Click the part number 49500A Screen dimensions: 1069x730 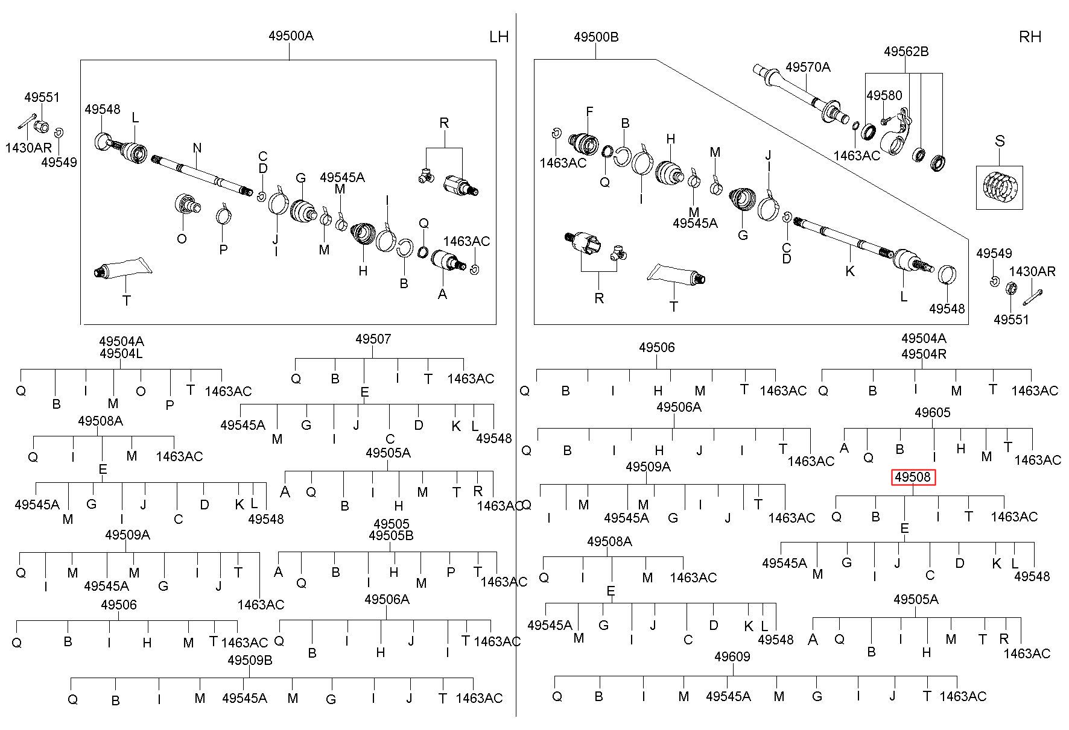tap(291, 36)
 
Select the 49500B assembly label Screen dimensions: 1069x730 tap(596, 37)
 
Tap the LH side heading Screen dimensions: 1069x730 tap(499, 37)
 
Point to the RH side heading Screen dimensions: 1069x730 tap(1030, 37)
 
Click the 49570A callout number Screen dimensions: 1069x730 tap(808, 67)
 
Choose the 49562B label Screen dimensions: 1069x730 tap(906, 52)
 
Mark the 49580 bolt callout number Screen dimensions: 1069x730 tap(884, 95)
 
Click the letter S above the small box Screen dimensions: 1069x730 tap(1000, 141)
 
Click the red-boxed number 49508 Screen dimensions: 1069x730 tap(913, 477)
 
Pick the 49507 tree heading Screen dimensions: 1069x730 tap(373, 339)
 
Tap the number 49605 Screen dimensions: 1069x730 tap(932, 412)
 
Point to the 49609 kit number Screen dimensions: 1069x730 tap(732, 656)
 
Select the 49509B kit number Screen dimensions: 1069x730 tap(250, 660)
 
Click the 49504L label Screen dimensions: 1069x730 tap(121, 354)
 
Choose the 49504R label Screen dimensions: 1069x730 tap(924, 354)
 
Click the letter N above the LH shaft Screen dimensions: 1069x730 tap(197, 148)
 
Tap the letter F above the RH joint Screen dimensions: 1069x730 tap(589, 112)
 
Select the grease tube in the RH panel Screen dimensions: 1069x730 tap(676, 274)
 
